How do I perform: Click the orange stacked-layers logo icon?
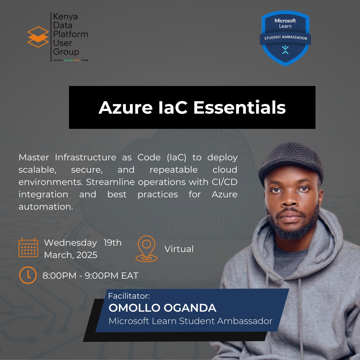[x=38, y=37]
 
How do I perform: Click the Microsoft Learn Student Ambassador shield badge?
[x=285, y=38]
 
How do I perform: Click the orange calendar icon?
[x=28, y=247]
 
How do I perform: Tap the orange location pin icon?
[x=146, y=249]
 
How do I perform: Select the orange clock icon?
[x=28, y=275]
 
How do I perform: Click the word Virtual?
[x=179, y=249]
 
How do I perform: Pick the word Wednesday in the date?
[x=70, y=243]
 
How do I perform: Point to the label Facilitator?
[x=129, y=296]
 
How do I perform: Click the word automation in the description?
[x=45, y=207]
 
